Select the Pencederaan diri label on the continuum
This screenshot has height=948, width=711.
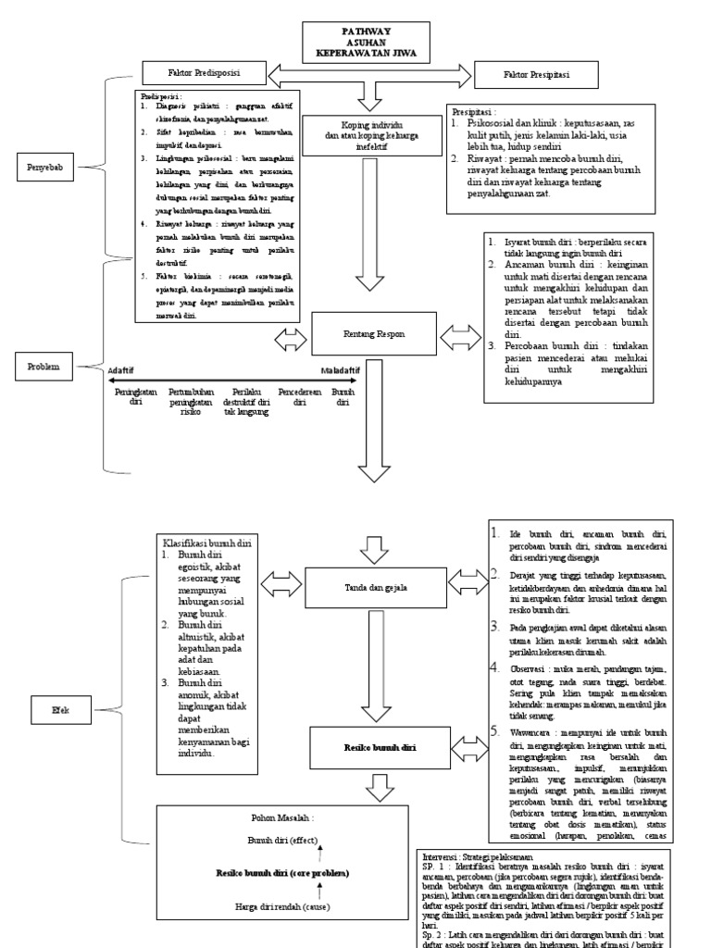point(299,397)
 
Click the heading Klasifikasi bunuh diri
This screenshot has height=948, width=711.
point(208,543)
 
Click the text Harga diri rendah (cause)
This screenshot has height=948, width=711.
point(282,910)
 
